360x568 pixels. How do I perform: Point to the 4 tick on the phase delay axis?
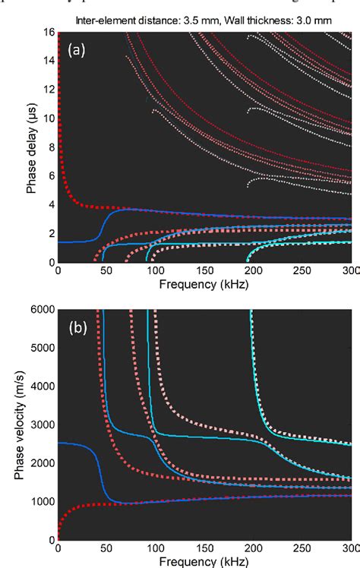coord(51,204)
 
